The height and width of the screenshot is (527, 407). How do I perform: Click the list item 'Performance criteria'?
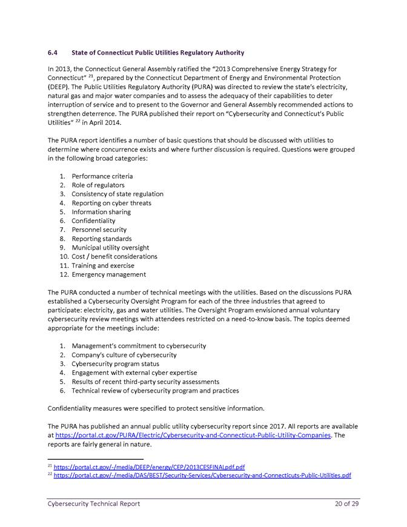102,176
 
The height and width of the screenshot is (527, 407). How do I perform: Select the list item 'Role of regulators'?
98,185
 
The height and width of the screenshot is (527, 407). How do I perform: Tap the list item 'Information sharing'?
101,212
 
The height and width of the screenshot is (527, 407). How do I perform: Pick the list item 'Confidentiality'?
93,221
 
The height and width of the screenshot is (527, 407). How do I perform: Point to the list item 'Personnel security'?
99,230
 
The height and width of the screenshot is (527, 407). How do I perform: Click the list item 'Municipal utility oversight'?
110,248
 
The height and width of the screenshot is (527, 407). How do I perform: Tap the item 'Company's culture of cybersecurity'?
124,355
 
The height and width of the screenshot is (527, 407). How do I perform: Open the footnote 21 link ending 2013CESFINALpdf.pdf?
149,467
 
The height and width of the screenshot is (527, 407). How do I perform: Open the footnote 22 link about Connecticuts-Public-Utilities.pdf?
202,476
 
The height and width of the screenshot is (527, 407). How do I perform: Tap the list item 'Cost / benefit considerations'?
114,257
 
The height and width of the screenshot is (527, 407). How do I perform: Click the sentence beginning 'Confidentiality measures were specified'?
156,408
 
